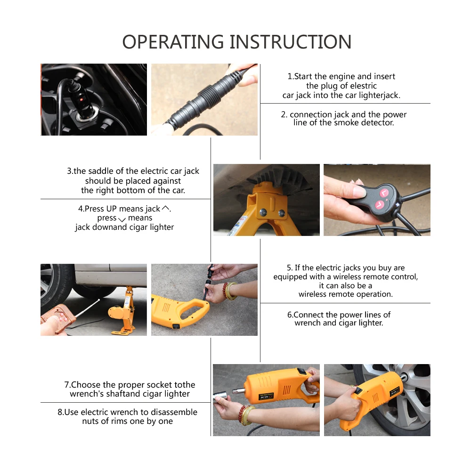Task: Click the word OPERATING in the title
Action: (x=173, y=41)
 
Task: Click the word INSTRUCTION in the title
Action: (x=291, y=41)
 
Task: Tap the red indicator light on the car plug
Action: (x=81, y=99)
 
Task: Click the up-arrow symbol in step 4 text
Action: (x=165, y=208)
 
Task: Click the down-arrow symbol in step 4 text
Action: (x=122, y=219)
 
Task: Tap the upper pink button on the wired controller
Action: (x=384, y=193)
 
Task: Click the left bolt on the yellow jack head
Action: (x=263, y=212)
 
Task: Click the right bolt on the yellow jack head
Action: (x=282, y=213)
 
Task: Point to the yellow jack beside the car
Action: (x=123, y=311)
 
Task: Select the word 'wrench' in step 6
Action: (x=307, y=323)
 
